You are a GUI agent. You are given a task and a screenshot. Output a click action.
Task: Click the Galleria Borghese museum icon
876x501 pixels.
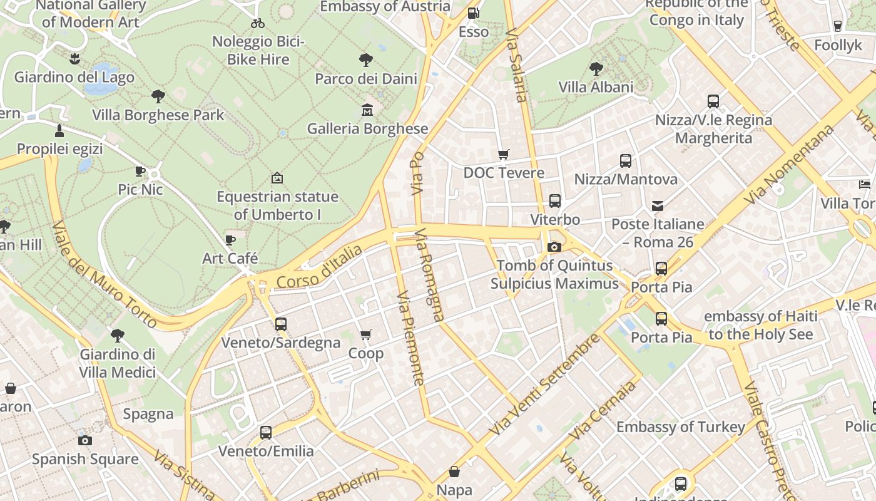(367, 111)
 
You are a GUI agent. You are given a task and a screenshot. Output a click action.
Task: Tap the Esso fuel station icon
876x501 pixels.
(474, 13)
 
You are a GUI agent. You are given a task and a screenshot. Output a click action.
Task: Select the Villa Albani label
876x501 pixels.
(596, 87)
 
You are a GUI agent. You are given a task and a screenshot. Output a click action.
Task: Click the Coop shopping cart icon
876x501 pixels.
(366, 335)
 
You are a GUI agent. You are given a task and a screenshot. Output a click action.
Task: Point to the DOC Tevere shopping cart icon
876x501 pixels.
(504, 154)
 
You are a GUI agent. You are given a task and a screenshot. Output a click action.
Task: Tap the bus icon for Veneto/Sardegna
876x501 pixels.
(281, 324)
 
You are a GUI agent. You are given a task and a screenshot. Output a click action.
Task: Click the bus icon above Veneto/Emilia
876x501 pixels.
(266, 433)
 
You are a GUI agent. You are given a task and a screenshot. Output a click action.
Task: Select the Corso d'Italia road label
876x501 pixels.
(319, 267)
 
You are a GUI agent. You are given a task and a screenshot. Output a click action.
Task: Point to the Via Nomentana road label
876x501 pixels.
(790, 164)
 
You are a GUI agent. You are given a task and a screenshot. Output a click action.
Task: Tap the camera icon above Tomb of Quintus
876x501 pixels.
(554, 247)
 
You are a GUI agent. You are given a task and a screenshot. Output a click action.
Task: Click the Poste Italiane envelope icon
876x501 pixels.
(658, 205)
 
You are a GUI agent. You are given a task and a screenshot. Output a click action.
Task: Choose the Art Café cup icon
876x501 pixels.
(230, 240)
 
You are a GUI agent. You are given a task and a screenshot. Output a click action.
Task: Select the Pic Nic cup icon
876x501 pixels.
(140, 171)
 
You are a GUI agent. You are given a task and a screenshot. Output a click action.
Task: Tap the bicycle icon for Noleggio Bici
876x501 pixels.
(258, 23)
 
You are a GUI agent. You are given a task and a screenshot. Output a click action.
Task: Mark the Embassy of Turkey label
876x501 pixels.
(681, 427)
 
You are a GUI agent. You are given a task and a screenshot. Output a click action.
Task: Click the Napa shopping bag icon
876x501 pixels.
(454, 472)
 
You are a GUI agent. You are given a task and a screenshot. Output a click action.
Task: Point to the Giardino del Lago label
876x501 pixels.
(74, 78)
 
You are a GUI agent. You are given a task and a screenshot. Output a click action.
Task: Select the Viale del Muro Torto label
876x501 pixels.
(104, 274)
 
